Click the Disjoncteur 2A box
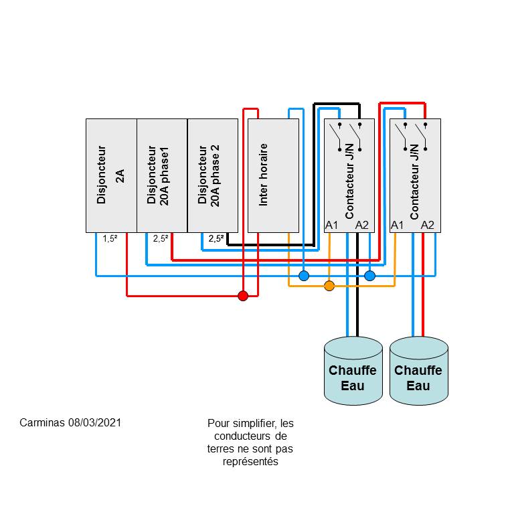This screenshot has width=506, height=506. point(111,175)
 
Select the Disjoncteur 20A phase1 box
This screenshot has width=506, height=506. point(162,175)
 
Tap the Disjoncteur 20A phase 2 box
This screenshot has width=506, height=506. point(213,175)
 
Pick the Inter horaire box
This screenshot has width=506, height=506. point(273,175)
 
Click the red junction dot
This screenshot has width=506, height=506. point(244,296)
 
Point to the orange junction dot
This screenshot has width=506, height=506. point(329,286)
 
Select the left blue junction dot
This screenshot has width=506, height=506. point(304,275)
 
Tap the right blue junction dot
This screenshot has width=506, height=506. point(369,275)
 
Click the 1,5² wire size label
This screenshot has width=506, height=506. point(110,238)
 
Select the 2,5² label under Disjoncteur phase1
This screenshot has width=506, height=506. point(161,238)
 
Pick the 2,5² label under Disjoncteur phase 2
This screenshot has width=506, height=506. point(215,238)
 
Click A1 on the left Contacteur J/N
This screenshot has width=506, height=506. point(331,225)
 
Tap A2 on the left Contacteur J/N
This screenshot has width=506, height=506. point(362,225)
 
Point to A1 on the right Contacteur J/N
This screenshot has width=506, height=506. point(397,225)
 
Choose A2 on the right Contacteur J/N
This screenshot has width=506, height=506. point(428,225)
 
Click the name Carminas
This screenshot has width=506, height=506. point(42,423)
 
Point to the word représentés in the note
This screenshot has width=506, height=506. point(250,462)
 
